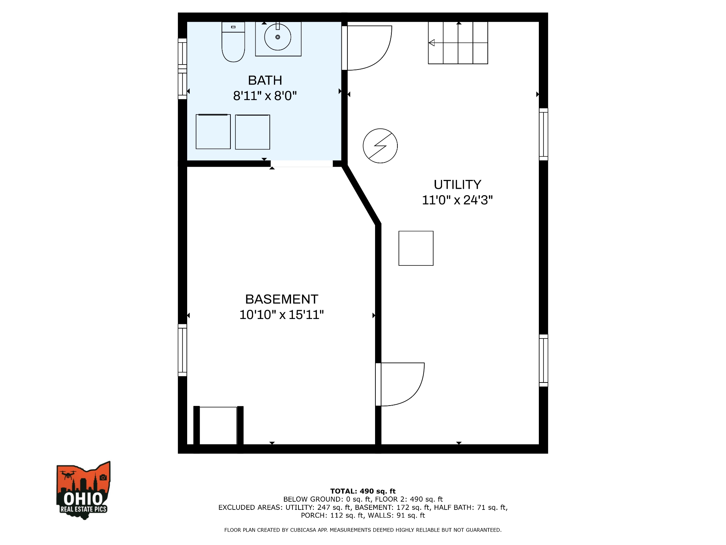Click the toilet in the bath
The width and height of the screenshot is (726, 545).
tap(233, 43)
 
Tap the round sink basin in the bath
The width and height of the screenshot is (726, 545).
tap(278, 37)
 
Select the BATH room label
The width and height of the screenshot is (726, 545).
tap(265, 81)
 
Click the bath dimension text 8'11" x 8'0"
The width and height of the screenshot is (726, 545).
tap(265, 96)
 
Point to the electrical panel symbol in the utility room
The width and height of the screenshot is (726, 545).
tap(380, 146)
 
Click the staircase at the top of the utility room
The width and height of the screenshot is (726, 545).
tap(458, 43)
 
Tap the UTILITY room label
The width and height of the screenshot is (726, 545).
tap(457, 185)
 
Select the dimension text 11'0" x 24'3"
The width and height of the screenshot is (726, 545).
tap(457, 200)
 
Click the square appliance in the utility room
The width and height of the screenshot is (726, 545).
tap(416, 248)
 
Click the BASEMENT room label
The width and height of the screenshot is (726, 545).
tap(281, 299)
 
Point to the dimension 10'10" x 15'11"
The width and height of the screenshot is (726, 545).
tap(281, 315)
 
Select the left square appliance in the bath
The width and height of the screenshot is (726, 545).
tap(213, 132)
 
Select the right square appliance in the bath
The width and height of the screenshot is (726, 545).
tap(252, 132)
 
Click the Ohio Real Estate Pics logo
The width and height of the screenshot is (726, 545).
tap(83, 491)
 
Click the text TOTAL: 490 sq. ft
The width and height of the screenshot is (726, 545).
tap(363, 491)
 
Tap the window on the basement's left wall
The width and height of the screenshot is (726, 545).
tap(182, 350)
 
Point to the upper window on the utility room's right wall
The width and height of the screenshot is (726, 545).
tap(543, 134)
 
